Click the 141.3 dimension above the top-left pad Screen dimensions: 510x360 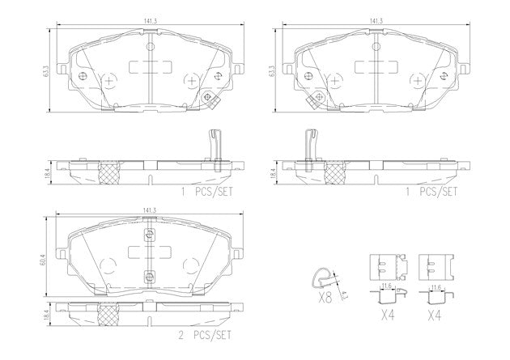(151, 20)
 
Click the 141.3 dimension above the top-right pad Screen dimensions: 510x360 (376, 20)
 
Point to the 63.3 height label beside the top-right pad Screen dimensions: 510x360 (271, 71)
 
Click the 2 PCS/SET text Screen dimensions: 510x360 (205, 335)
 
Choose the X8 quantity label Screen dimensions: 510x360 (325, 298)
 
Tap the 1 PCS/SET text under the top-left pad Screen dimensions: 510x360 (207, 192)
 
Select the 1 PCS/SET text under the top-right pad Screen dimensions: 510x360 (431, 192)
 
